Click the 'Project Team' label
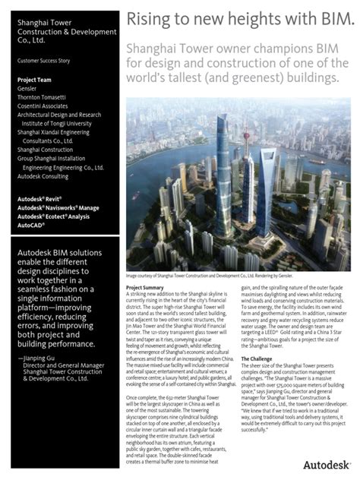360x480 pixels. pyautogui.click(x=35, y=80)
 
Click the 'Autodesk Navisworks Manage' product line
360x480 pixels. pyautogui.click(x=58, y=207)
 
